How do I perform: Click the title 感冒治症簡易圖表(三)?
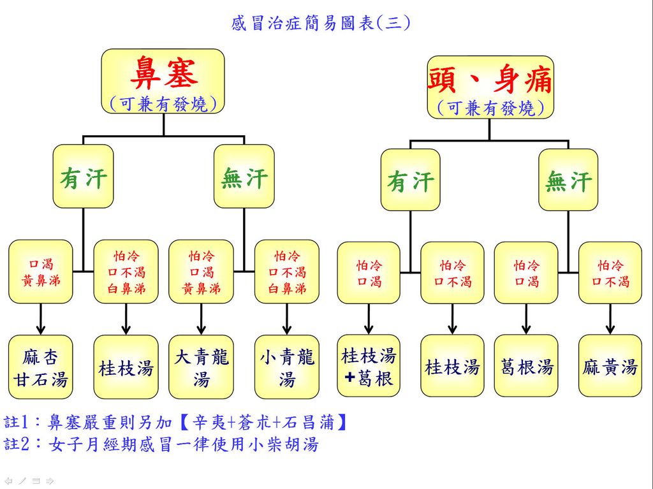(321, 24)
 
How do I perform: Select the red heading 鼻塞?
(163, 73)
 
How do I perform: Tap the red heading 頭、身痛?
(490, 80)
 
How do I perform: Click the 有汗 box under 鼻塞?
(83, 177)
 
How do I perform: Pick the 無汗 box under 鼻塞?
(244, 177)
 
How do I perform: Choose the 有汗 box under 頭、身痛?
(410, 180)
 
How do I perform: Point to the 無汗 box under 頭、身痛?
(568, 180)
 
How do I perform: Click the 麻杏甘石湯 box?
(41, 367)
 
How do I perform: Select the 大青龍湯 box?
(202, 367)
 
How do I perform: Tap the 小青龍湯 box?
(286, 367)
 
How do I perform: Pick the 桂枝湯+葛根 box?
(369, 367)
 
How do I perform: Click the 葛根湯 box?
(527, 367)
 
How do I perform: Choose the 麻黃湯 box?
(610, 367)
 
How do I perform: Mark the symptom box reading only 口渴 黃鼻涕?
(41, 272)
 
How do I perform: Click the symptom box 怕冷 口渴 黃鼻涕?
(202, 272)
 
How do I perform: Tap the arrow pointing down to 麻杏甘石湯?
(41, 319)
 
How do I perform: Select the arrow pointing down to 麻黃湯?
(610, 319)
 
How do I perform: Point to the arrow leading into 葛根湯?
(527, 319)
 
